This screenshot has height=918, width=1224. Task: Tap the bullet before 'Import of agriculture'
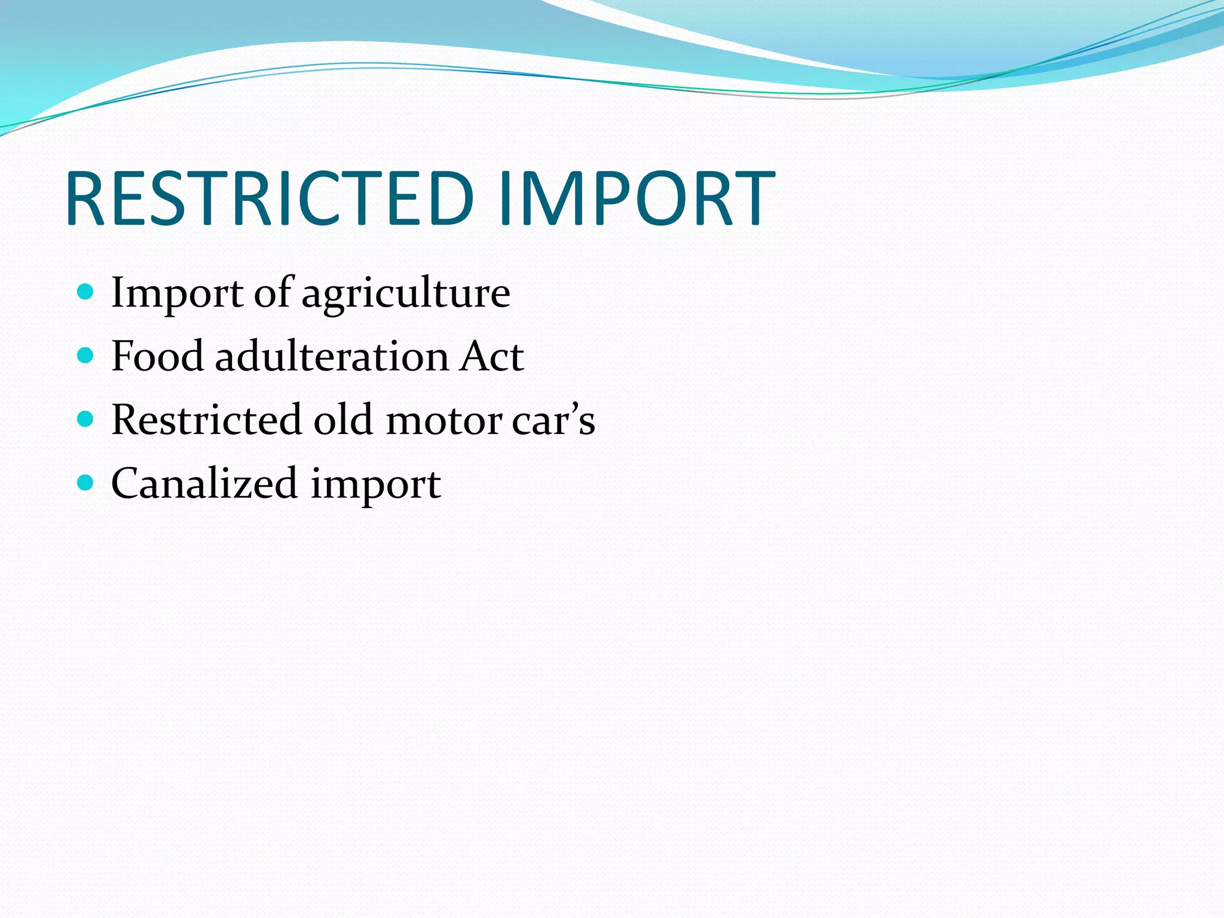[86, 292]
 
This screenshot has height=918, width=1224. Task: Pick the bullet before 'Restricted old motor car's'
[86, 420]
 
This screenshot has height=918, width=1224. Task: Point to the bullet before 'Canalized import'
[86, 483]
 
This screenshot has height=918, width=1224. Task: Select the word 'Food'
[157, 356]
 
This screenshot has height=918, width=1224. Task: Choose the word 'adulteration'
[331, 356]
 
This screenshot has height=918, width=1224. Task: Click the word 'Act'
[491, 357]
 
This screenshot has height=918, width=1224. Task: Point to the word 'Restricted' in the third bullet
[206, 420]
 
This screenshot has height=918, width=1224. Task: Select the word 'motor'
[443, 421]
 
